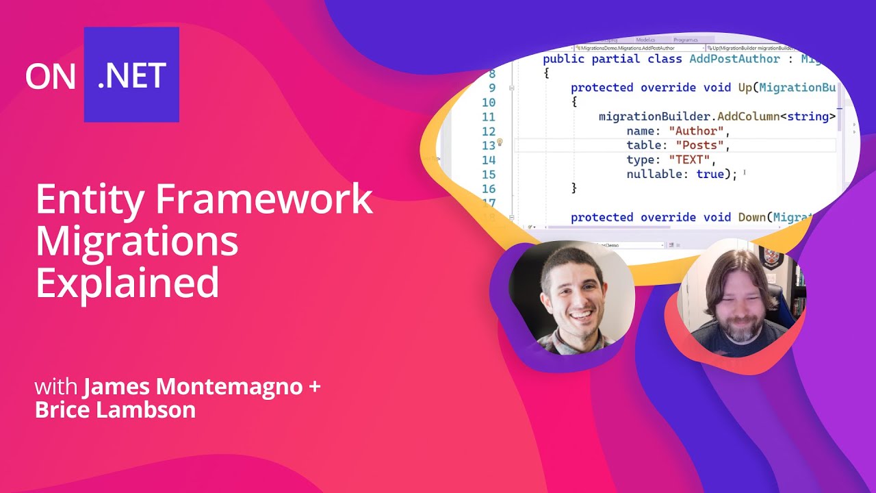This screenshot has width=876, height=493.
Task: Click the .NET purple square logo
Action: click(131, 75)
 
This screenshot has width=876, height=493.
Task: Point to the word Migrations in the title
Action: click(137, 241)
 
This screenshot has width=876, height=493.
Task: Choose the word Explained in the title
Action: click(127, 282)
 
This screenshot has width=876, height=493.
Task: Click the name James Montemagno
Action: click(192, 387)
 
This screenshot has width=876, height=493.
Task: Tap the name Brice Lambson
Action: click(115, 410)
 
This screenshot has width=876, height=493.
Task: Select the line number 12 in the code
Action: click(488, 131)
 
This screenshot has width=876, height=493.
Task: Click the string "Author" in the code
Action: click(695, 131)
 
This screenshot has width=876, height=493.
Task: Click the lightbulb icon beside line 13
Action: click(500, 142)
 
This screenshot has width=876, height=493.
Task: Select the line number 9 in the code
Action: click(491, 88)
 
